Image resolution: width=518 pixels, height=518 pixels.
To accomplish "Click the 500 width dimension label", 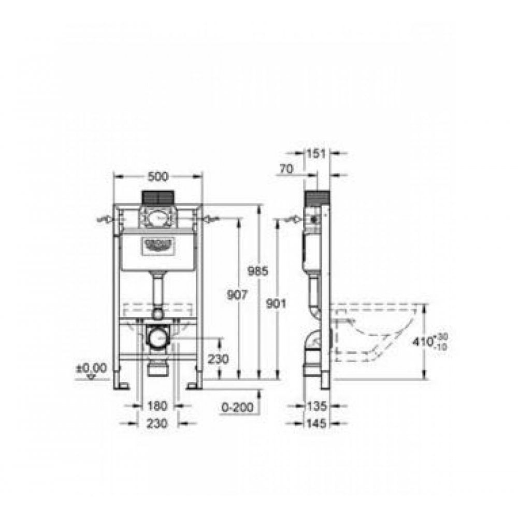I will pyautogui.click(x=157, y=176).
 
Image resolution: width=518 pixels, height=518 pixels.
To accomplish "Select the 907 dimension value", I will pyautogui.click(x=237, y=295).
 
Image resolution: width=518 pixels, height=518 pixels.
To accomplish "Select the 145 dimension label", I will pyautogui.click(x=317, y=424).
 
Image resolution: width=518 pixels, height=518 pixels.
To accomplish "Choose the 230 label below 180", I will pyautogui.click(x=157, y=423).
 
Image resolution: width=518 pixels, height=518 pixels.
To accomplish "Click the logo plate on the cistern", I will pyautogui.click(x=157, y=245).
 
